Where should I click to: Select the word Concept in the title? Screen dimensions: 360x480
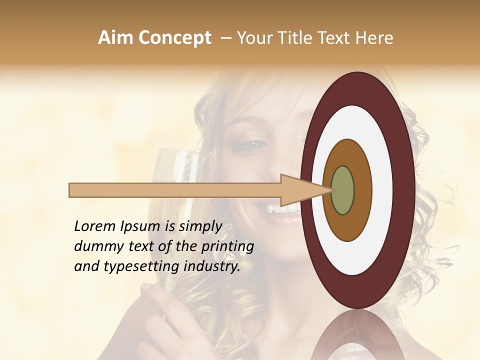pyautogui.click(x=175, y=38)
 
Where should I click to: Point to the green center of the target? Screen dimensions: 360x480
pyautogui.click(x=342, y=190)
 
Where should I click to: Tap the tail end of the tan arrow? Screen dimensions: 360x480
pyautogui.click(x=71, y=190)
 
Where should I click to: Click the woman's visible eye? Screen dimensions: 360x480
pyautogui.click(x=253, y=144)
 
